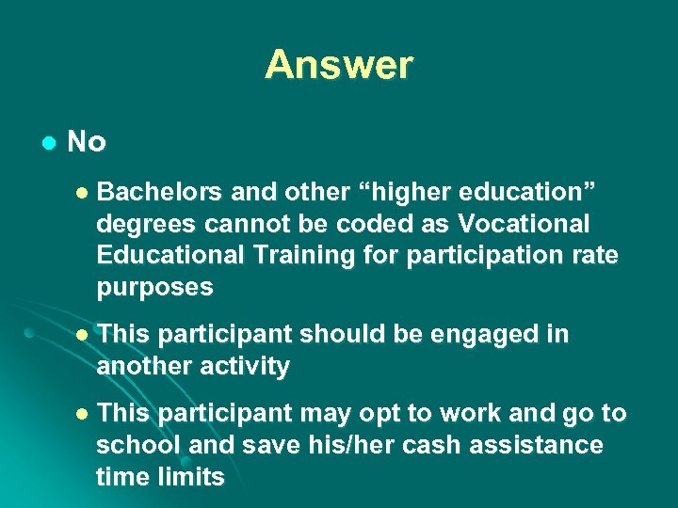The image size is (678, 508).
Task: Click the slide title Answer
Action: (338, 65)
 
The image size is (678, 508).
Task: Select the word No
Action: (87, 142)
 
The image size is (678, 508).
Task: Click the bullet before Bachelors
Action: (81, 193)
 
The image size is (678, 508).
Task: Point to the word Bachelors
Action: (159, 192)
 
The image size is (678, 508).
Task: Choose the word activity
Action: (241, 366)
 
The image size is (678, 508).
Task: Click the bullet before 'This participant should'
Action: (81, 335)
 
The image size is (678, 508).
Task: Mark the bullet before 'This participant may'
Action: (81, 415)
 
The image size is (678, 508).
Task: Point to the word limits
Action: (193, 477)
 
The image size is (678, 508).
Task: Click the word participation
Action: (508, 256)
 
